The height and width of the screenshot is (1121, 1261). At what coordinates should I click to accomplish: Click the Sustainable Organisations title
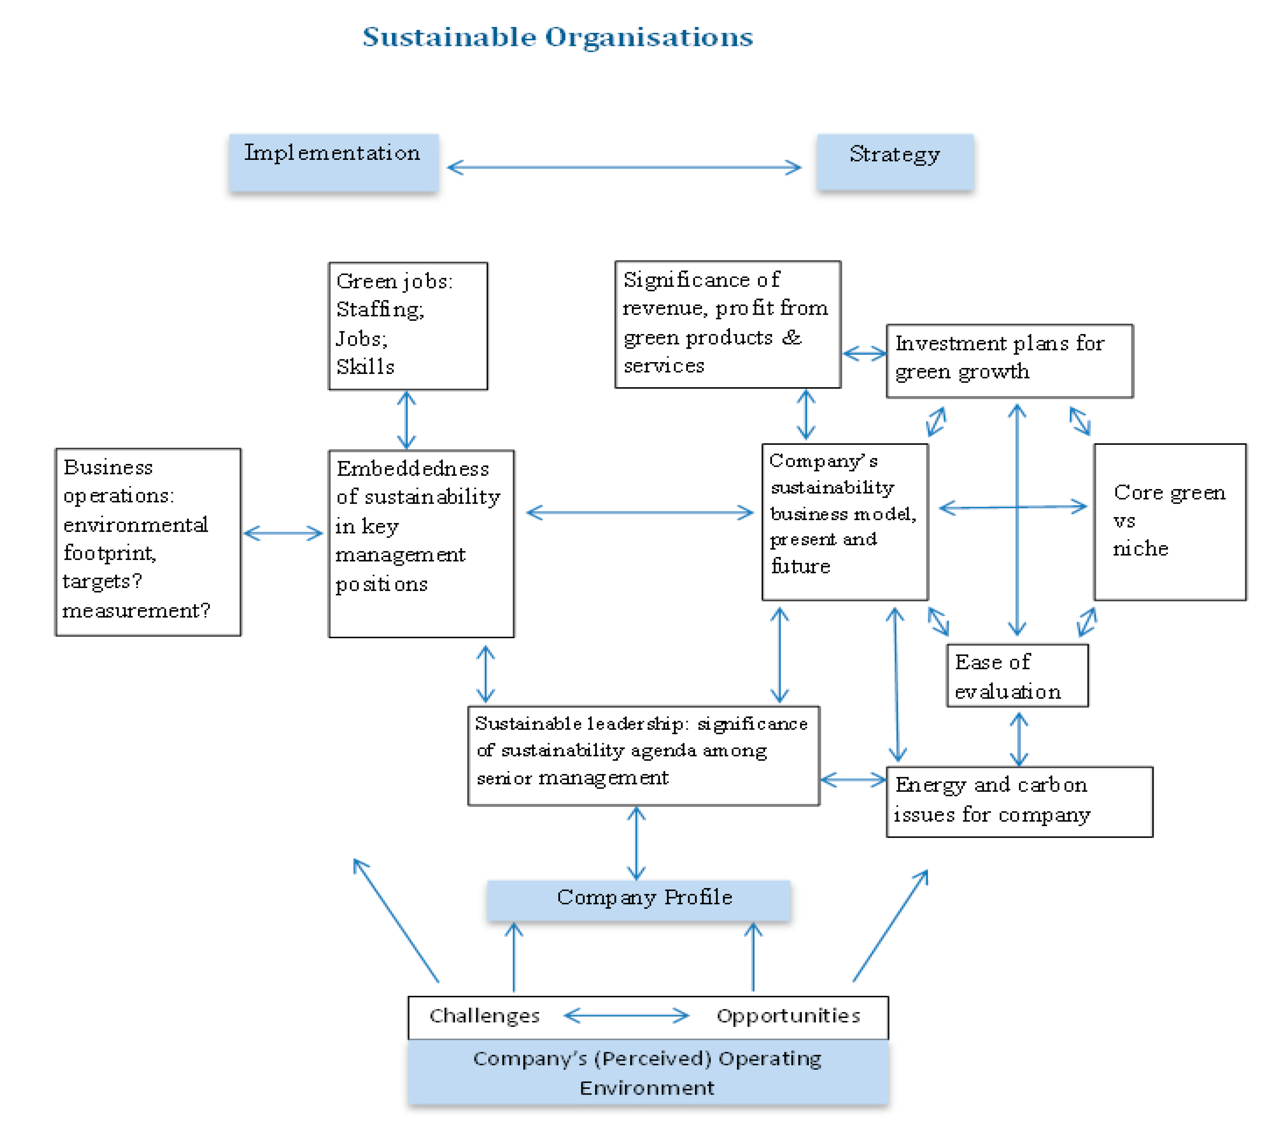557,37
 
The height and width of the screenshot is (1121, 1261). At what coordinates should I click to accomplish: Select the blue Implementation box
333,162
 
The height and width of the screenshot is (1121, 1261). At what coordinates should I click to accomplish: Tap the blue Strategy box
894,162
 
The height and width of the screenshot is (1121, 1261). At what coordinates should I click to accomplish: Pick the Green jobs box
408,326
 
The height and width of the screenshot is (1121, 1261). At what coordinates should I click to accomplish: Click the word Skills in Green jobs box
365,367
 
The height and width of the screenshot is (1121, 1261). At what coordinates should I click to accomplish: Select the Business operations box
148,542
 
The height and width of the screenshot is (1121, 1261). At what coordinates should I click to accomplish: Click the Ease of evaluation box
1017,676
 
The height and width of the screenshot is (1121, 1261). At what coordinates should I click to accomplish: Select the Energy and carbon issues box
1019,802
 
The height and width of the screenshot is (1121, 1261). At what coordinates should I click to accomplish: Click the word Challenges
484,1016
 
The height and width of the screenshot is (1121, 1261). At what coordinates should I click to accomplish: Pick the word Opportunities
788,1016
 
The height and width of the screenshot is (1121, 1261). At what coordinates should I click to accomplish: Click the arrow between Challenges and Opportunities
626,1016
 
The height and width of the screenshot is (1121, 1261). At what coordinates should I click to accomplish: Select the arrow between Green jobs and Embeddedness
406,420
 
